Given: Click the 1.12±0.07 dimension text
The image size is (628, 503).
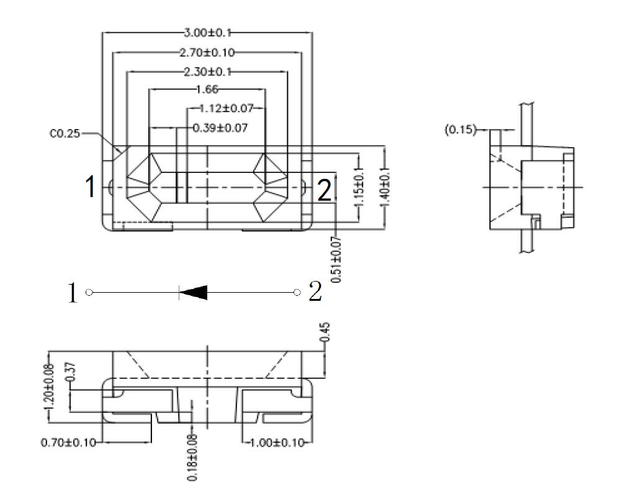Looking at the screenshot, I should [226, 109].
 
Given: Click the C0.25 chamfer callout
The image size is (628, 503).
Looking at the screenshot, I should [65, 133].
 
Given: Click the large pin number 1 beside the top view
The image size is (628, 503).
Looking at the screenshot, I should [91, 187].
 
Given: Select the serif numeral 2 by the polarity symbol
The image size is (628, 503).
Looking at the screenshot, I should [315, 292].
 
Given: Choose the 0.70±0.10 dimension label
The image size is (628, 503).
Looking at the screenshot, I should [68, 443].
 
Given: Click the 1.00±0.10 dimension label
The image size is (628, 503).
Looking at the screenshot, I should [277, 443].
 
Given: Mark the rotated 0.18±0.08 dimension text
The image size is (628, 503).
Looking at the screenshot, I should [192, 458].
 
